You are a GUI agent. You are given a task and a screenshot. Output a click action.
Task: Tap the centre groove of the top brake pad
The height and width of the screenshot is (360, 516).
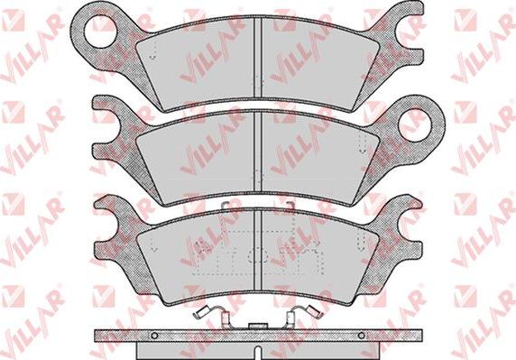259,59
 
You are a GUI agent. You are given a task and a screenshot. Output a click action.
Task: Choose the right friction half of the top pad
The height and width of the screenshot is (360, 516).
316,60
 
